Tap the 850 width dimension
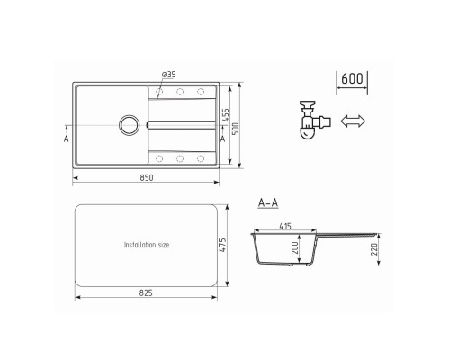coord(147,176)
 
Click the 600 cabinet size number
coord(353,79)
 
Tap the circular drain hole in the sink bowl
coord(130,124)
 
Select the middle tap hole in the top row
coord(179,91)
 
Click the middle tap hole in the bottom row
coord(179,158)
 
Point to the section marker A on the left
coord(67,139)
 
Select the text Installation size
coord(147,244)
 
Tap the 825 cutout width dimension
coord(147,293)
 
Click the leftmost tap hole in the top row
coord(159,91)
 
